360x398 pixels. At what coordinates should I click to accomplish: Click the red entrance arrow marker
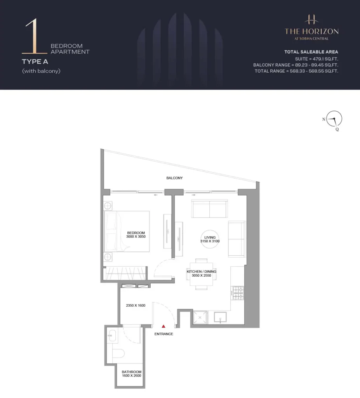tap(163, 326)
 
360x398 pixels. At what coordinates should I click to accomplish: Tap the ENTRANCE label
tap(163, 334)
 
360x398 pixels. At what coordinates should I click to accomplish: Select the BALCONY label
tap(174, 178)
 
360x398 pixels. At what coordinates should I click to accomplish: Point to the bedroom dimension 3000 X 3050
tap(136, 237)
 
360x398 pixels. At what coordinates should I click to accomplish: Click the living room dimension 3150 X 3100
tap(210, 241)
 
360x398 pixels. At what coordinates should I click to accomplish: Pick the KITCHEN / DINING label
tap(202, 271)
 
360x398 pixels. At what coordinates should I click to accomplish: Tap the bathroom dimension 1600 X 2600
tap(131, 376)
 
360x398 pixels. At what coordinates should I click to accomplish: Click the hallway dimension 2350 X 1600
tap(136, 305)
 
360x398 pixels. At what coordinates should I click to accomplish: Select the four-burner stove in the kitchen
tap(238, 293)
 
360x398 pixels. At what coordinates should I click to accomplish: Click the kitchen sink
tap(220, 317)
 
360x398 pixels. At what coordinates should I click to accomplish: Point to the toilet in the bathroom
tap(118, 353)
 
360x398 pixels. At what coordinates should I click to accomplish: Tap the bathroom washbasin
tap(111, 335)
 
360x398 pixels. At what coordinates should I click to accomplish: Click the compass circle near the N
tap(334, 119)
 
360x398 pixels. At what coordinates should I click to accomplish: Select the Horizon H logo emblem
tap(311, 19)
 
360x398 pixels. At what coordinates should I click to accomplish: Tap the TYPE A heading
tap(35, 62)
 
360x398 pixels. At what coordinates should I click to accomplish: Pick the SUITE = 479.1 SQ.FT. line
tap(317, 59)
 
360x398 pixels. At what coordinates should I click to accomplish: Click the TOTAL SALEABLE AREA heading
tap(311, 52)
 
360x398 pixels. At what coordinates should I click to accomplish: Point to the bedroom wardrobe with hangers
tap(125, 273)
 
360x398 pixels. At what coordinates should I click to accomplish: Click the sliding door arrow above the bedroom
tap(155, 195)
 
